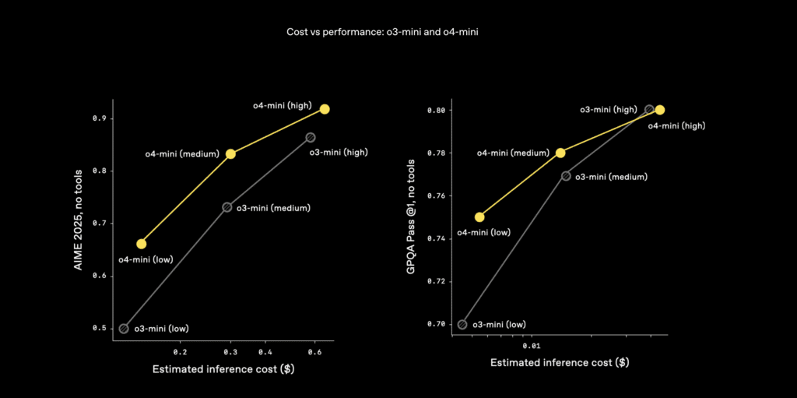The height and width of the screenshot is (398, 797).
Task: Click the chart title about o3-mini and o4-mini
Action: click(398, 33)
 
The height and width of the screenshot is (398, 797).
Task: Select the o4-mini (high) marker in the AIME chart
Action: click(325, 109)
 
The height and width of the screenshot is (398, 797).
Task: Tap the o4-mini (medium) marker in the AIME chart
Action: click(230, 153)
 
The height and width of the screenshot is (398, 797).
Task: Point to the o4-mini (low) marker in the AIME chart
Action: click(141, 244)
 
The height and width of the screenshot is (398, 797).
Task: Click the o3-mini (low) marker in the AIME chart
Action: click(124, 328)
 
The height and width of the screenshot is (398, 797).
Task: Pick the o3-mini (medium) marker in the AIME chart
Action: click(227, 207)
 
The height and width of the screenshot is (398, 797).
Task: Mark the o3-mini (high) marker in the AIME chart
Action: click(311, 137)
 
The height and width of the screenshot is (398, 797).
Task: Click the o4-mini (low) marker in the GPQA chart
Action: click(479, 217)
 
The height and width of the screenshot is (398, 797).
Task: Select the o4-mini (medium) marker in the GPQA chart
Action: click(560, 153)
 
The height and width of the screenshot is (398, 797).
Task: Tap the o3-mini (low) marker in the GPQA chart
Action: click(462, 324)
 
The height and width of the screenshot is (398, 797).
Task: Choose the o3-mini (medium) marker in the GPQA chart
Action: click(566, 176)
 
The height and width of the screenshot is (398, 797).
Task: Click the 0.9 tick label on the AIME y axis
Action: click(100, 118)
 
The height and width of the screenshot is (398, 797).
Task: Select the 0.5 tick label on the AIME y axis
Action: click(100, 328)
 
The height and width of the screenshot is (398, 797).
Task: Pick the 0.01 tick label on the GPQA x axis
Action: click(532, 344)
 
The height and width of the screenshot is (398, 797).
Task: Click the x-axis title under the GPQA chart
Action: click(560, 363)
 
